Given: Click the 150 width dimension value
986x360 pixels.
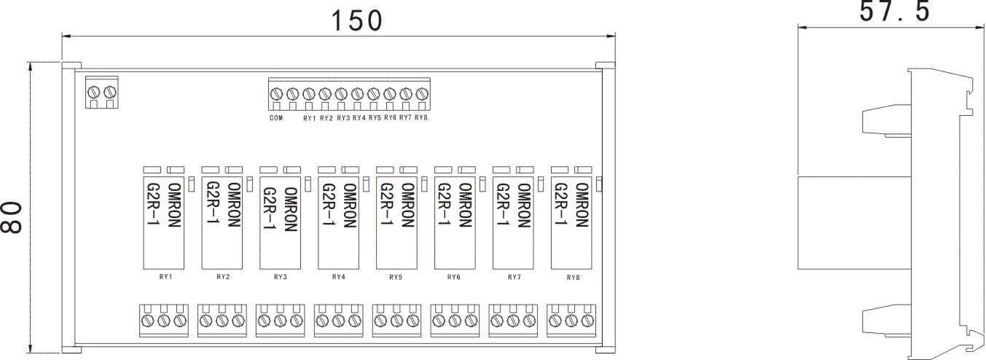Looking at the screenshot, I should click(x=356, y=20).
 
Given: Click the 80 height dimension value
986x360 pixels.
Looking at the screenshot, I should click(x=12, y=219).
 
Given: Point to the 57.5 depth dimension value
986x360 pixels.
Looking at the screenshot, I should click(x=894, y=12).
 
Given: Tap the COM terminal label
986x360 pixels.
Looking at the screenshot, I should click(x=275, y=117).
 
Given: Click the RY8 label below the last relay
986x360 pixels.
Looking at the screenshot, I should click(x=574, y=277).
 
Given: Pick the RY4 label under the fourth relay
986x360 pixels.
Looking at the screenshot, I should click(x=338, y=277).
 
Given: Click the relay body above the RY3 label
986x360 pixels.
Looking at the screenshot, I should click(x=280, y=222).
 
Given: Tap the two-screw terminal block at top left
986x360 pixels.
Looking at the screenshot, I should click(x=102, y=93).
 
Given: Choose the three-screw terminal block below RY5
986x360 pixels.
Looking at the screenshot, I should click(x=396, y=320).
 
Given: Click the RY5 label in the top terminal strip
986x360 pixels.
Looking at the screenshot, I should click(x=375, y=117).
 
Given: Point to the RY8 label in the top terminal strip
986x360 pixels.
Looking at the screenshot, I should click(x=420, y=117).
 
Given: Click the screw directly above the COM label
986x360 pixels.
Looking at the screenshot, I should click(x=276, y=94).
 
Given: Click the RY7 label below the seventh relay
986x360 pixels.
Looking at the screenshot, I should click(x=514, y=277).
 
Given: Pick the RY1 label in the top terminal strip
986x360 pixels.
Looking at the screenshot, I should click(x=309, y=117).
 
